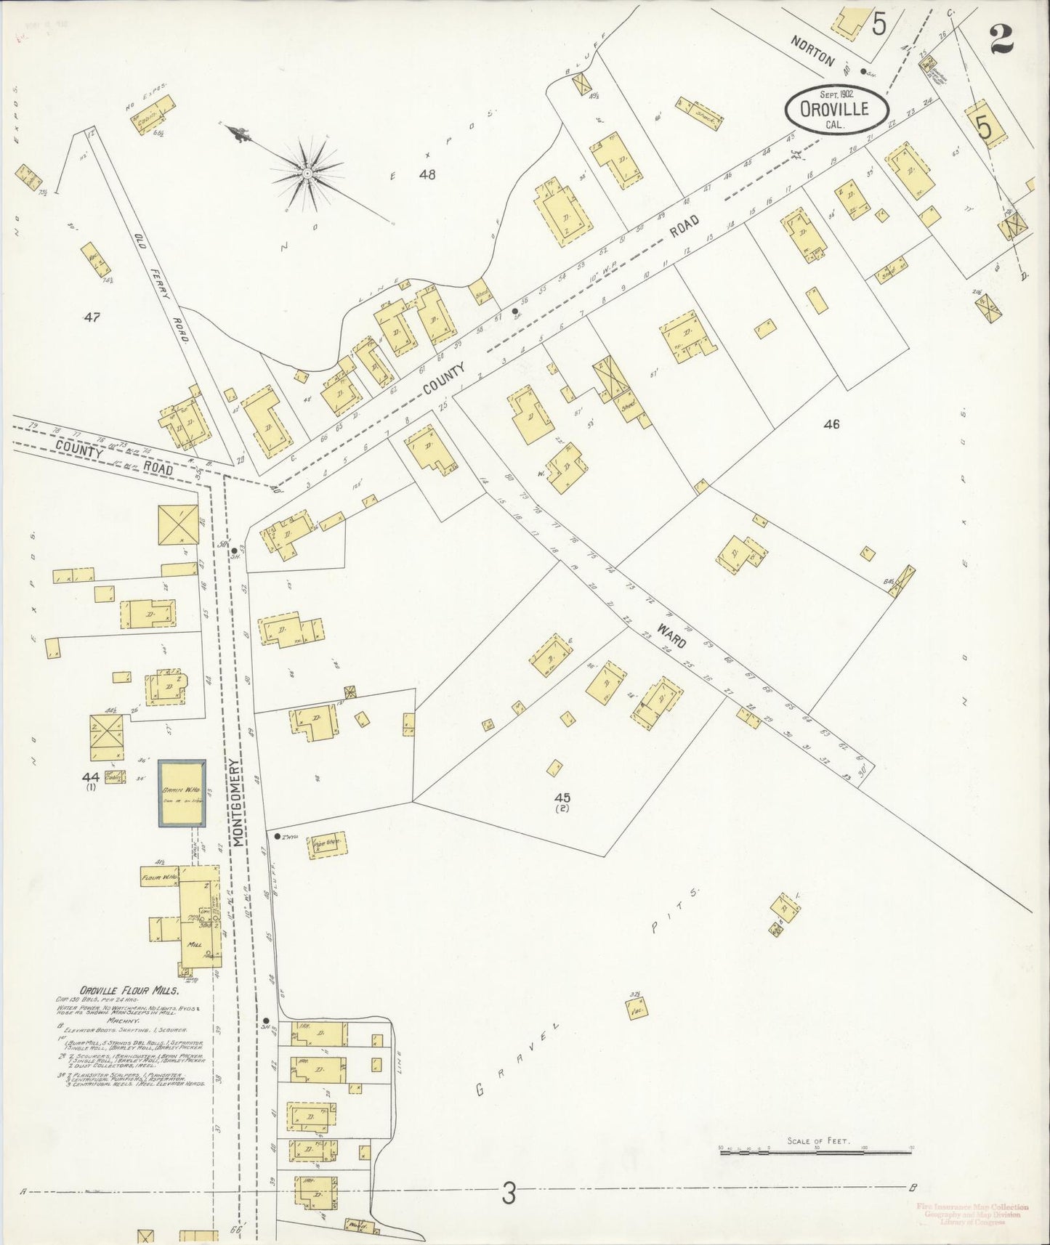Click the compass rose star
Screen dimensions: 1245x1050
307,173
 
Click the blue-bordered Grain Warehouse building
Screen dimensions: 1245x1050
182,792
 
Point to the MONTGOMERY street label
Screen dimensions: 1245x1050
237,802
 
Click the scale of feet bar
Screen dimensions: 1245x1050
815,1151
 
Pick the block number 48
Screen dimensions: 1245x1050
427,174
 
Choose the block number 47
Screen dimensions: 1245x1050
92,317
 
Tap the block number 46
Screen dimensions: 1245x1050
831,423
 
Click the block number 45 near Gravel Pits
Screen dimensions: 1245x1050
561,798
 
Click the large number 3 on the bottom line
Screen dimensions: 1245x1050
509,1193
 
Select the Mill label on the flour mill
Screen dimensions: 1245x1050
195,945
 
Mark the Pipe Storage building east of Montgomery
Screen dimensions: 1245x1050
328,844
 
